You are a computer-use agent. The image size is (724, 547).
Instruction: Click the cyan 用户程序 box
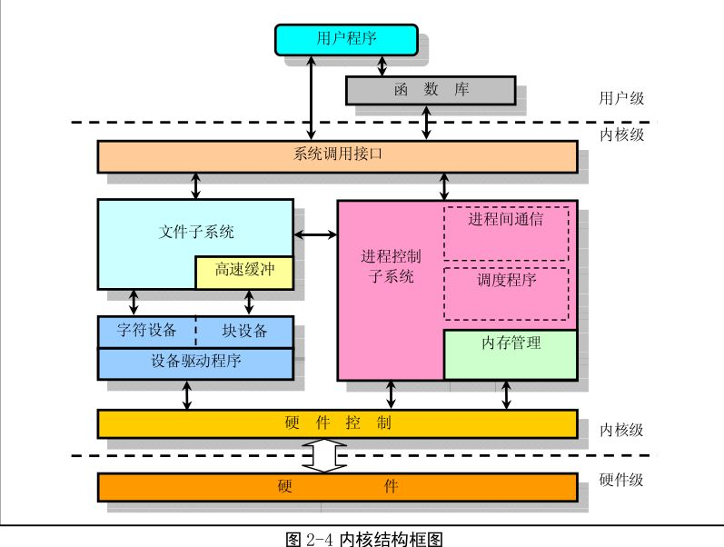(x=345, y=39)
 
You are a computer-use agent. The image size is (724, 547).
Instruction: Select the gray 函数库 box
(x=431, y=90)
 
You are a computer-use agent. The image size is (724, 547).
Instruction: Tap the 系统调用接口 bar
(x=337, y=155)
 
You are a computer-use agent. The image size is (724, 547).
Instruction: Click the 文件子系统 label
(x=196, y=232)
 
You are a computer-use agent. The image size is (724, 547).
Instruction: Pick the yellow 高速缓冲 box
(x=244, y=272)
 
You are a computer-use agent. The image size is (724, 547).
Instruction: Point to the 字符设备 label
(x=147, y=331)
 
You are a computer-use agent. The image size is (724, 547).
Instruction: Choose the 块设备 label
(x=244, y=331)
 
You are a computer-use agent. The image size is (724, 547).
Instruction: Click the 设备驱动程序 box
(x=195, y=363)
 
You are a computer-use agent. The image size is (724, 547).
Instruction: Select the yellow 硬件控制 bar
(x=337, y=423)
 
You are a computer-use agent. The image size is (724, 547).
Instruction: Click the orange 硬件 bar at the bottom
(x=337, y=487)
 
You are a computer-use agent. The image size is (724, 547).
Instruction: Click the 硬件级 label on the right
(x=621, y=480)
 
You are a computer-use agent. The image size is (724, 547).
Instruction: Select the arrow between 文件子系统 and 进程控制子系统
(x=315, y=236)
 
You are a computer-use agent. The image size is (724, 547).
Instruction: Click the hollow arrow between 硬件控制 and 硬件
(x=324, y=455)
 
